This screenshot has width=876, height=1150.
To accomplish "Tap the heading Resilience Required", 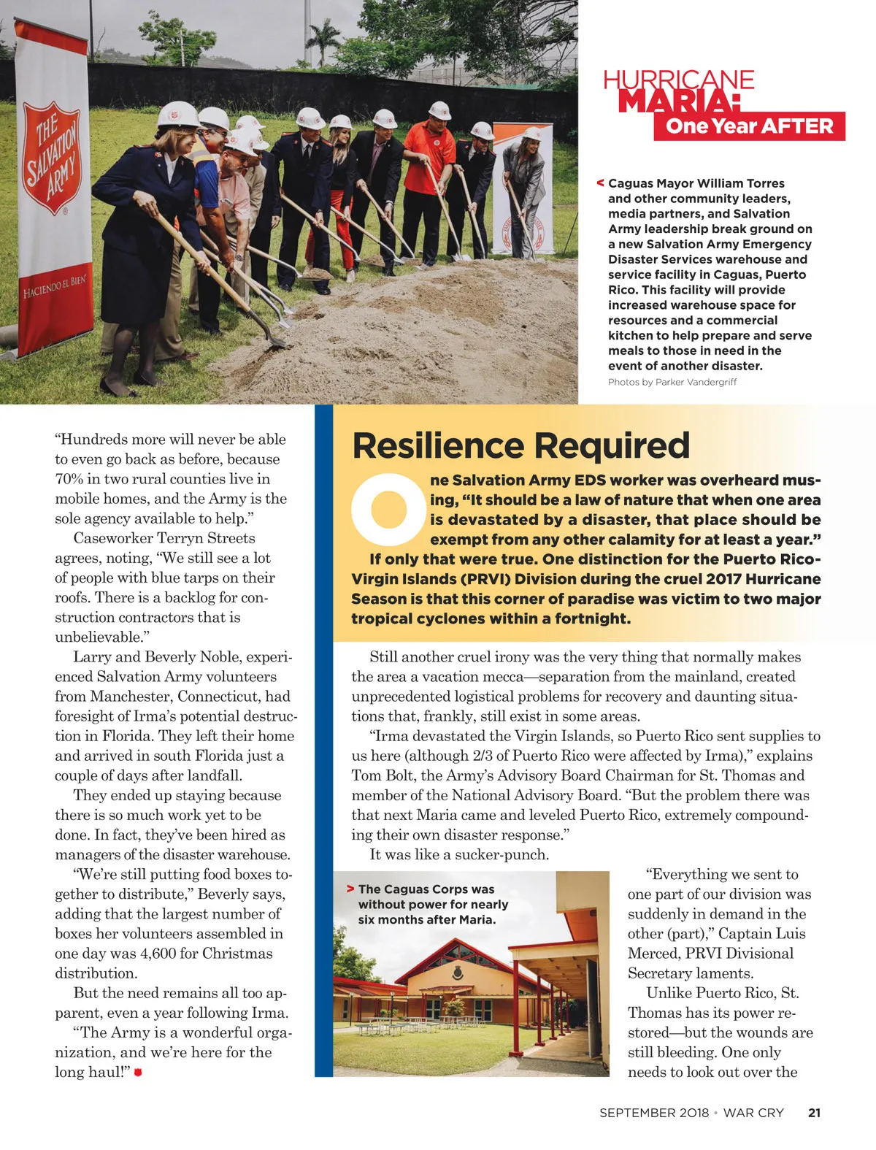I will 520,445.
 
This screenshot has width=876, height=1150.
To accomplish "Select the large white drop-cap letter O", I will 388,509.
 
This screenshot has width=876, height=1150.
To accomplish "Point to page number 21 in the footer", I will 814,1113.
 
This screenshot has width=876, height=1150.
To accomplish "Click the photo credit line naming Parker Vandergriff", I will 672,382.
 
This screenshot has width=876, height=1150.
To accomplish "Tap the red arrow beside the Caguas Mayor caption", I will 600,183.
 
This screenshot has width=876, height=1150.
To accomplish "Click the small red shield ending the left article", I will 138,1072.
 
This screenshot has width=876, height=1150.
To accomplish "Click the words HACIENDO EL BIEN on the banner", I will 54,286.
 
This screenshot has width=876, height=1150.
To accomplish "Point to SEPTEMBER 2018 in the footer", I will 654,1113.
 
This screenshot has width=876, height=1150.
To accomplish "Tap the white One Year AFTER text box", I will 749,126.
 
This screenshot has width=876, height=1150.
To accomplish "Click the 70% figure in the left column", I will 70,479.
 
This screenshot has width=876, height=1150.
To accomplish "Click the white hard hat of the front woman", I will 178,114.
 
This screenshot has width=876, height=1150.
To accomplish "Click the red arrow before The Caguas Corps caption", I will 350,889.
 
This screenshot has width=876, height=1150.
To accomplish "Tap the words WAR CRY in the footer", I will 753,1113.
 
